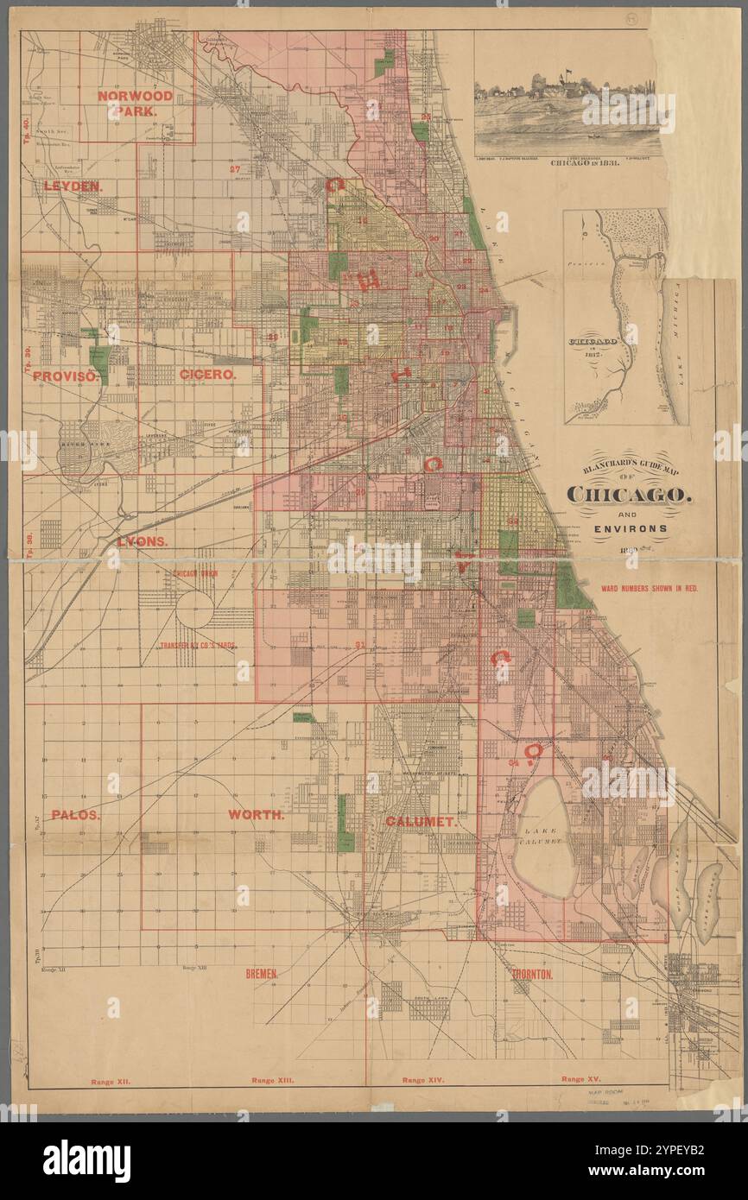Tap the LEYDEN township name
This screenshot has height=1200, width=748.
pyautogui.click(x=73, y=186)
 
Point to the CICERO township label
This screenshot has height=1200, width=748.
pyautogui.click(x=208, y=375)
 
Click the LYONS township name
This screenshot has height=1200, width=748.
pyautogui.click(x=142, y=541)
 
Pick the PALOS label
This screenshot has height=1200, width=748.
pyautogui.click(x=76, y=814)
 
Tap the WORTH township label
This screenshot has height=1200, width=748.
pyautogui.click(x=257, y=814)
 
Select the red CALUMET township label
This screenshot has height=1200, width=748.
pyautogui.click(x=421, y=822)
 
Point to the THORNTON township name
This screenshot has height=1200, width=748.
pyautogui.click(x=532, y=974)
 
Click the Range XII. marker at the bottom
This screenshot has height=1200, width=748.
pyautogui.click(x=111, y=1081)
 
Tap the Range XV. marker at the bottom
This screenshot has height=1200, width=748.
pyautogui.click(x=585, y=1079)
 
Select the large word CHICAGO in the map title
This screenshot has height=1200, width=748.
pyautogui.click(x=628, y=495)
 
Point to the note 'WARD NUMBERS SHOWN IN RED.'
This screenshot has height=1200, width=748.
pyautogui.click(x=650, y=588)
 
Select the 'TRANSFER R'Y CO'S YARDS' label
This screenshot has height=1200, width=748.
pyautogui.click(x=197, y=645)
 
